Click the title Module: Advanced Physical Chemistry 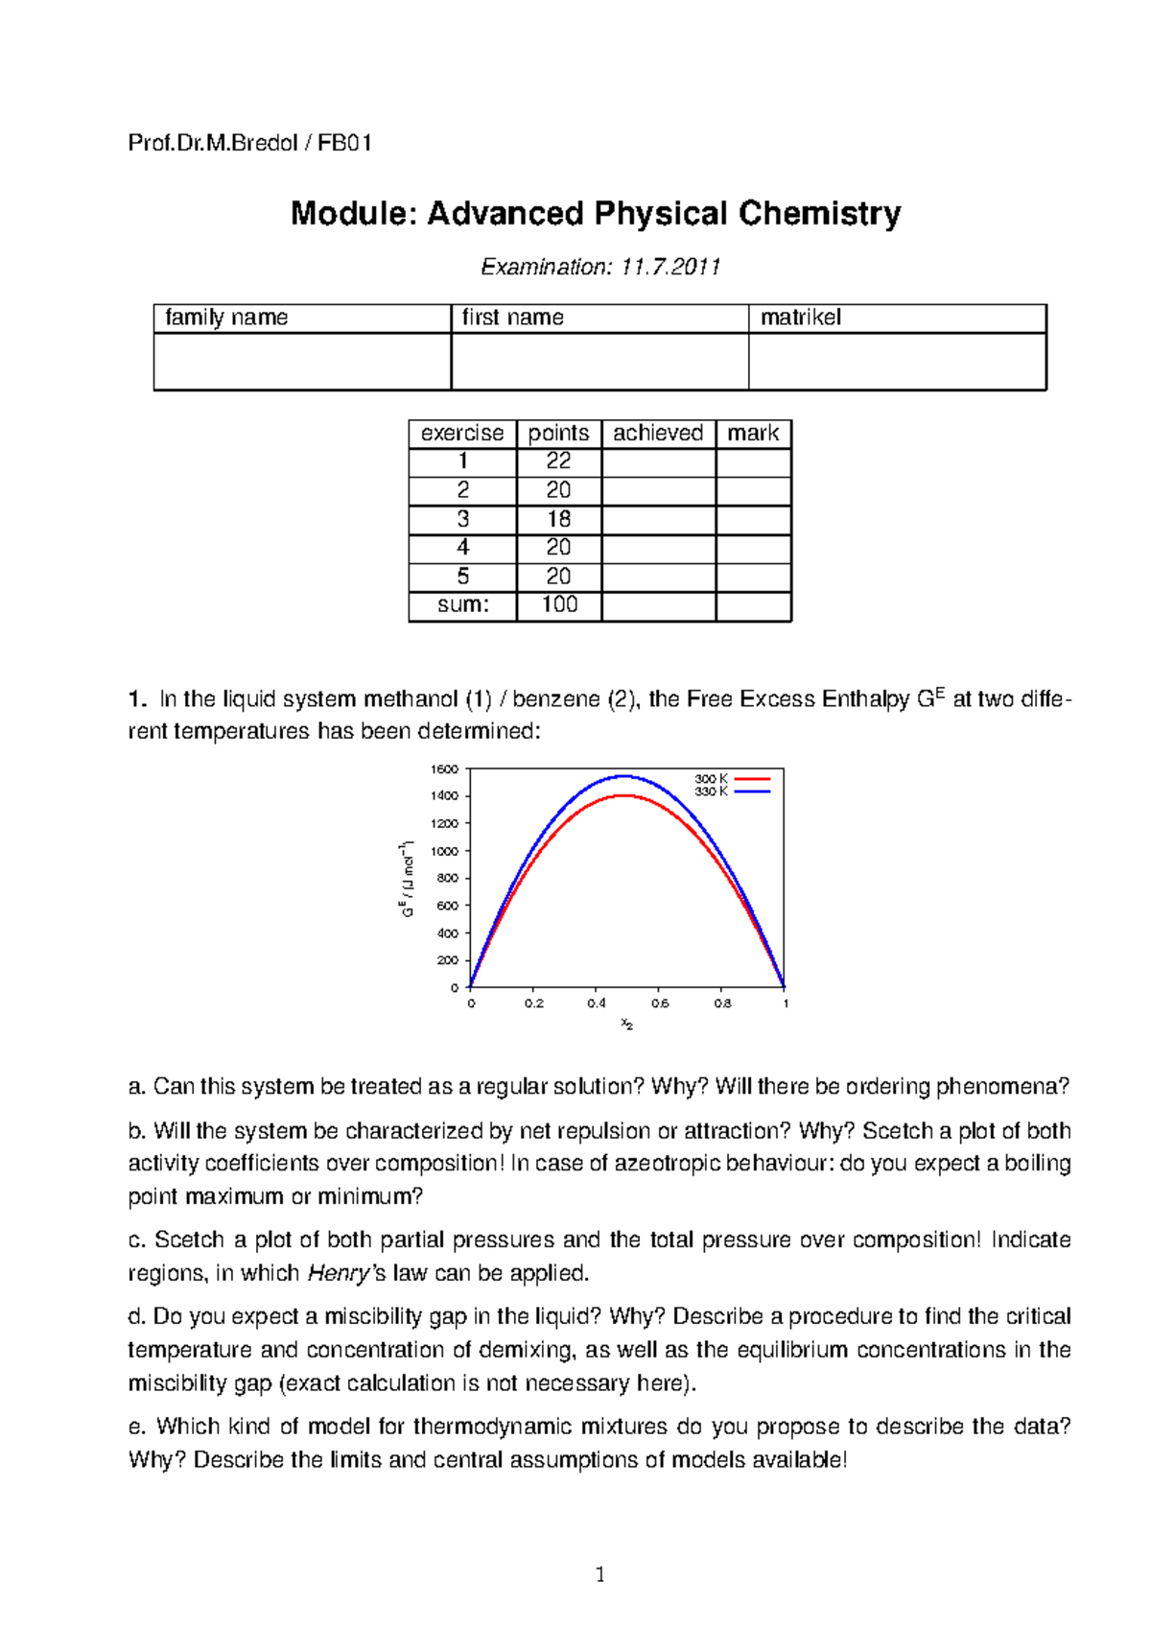(596, 213)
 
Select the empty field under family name (302, 362)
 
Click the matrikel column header (800, 318)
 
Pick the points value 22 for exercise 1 (558, 461)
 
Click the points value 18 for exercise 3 (558, 519)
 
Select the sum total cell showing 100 (559, 604)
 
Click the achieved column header (658, 434)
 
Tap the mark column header (753, 434)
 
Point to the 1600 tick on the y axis (444, 769)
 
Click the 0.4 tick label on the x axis (597, 1003)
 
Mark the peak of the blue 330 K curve (623, 776)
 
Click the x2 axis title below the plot (626, 1024)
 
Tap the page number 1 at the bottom (600, 1574)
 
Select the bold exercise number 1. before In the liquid (137, 699)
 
